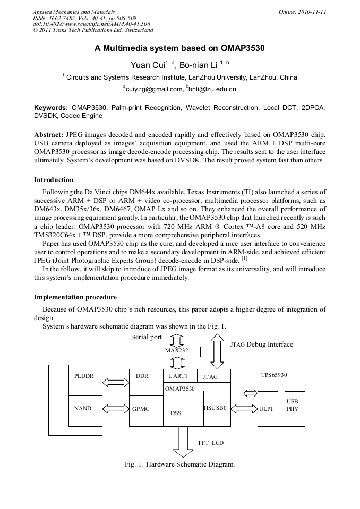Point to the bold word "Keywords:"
tap(51, 108)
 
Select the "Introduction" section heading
tap(54, 180)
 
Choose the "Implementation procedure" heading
tap(75, 297)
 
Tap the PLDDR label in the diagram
tap(84, 376)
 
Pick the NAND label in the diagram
tap(83, 408)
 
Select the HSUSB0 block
tap(217, 408)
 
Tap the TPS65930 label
tap(274, 375)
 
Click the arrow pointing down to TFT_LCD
tap(184, 441)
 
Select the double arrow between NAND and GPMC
tap(114, 408)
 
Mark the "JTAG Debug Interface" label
tap(262, 344)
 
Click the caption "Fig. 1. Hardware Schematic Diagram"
tap(179, 464)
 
